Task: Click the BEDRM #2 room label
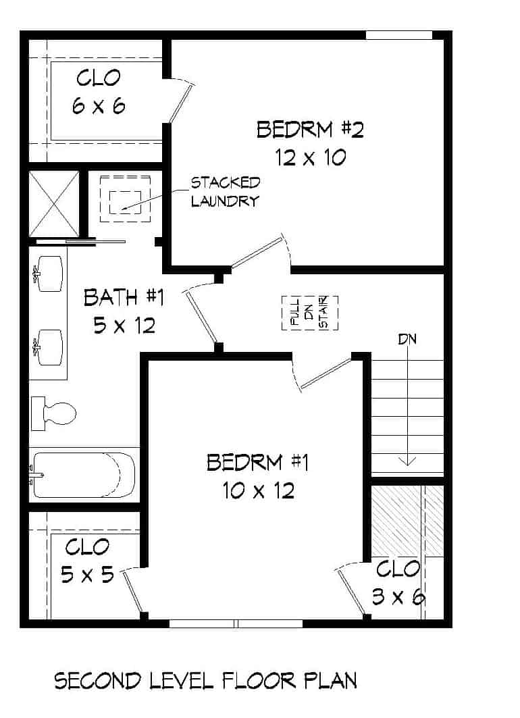point(310,129)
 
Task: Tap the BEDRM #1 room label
point(257,463)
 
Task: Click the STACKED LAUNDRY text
point(225,191)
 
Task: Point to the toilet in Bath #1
point(55,412)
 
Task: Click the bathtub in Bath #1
point(82,473)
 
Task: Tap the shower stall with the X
point(54,203)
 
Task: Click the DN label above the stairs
point(407,339)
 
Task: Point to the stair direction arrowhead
point(407,461)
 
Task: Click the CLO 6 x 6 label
point(99,91)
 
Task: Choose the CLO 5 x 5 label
point(86,560)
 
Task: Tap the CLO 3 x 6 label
point(398,582)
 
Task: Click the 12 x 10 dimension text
point(310,157)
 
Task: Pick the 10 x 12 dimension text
point(257,491)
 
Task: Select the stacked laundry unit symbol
point(125,199)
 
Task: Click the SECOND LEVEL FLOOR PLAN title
point(205,681)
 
